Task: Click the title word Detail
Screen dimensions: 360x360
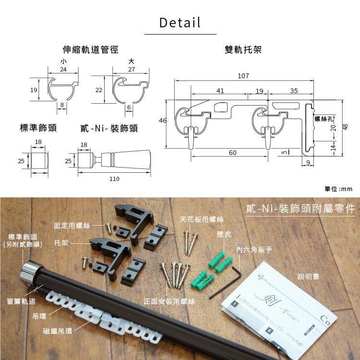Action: click(x=180, y=22)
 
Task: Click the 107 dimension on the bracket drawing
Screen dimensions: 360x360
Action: click(x=243, y=76)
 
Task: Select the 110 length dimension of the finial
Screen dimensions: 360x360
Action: click(x=114, y=179)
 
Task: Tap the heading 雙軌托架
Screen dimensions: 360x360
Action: click(x=243, y=50)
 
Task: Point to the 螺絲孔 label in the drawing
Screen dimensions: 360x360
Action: click(x=323, y=118)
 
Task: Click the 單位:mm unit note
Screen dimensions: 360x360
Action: click(x=338, y=189)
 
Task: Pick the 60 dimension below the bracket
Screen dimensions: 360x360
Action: click(x=232, y=153)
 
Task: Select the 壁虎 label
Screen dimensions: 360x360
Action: click(x=224, y=235)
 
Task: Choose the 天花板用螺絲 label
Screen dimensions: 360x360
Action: click(x=202, y=219)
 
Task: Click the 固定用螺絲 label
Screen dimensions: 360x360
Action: click(x=72, y=225)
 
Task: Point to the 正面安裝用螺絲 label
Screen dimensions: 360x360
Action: click(x=169, y=301)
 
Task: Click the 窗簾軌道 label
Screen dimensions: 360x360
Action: click(x=21, y=301)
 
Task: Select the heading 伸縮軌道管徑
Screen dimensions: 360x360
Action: click(x=91, y=50)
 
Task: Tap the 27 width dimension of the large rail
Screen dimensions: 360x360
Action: click(x=132, y=70)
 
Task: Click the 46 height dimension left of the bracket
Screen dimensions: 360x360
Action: click(x=163, y=120)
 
